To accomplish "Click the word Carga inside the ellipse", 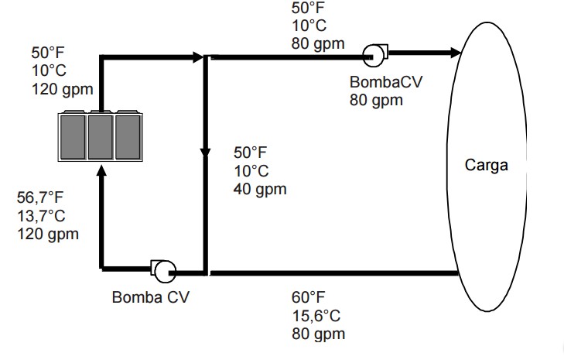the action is (x=487, y=165).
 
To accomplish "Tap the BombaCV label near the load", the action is (x=386, y=82).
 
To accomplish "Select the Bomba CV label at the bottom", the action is (x=150, y=297).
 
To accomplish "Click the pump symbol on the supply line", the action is (x=375, y=55).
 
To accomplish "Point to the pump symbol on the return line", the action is (x=163, y=271).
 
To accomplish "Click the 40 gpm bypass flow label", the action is (x=260, y=190).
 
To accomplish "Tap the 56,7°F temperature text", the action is (x=40, y=197).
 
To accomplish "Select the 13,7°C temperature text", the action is (x=41, y=216).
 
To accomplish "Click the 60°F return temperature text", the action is (x=308, y=297).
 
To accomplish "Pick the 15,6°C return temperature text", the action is (x=316, y=316).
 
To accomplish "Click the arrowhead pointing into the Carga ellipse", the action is (x=455, y=53).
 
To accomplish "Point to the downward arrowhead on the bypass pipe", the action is (x=205, y=152).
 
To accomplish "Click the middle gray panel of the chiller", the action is (x=101, y=136).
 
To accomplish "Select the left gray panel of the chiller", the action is (x=73, y=136).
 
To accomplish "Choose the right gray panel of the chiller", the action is (x=128, y=136).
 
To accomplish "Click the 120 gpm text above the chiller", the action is (x=63, y=89).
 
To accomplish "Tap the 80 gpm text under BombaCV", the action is (x=376, y=100).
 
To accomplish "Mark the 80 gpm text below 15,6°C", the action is (x=318, y=334).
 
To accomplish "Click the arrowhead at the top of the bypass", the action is (x=198, y=57).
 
